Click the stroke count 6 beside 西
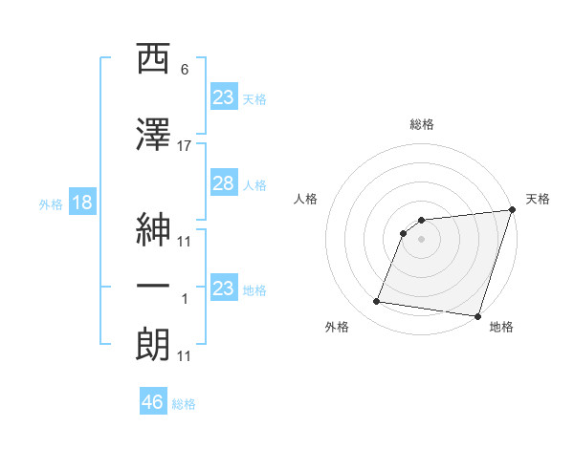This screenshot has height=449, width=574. click(185, 70)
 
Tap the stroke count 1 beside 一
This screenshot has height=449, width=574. click(185, 299)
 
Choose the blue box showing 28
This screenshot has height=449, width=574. click(223, 184)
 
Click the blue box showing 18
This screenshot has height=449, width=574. click(81, 203)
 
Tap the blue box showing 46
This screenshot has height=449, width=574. click(153, 402)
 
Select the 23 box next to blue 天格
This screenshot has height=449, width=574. click(223, 96)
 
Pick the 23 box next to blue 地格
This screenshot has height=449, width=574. click(223, 288)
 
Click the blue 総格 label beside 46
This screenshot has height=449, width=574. click(184, 404)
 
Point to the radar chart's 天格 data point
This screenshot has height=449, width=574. click(512, 211)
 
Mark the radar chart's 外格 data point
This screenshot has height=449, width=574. click(377, 302)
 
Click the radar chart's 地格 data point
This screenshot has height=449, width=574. click(476, 316)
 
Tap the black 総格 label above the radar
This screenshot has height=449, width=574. click(422, 124)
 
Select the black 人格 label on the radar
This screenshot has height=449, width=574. click(306, 199)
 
